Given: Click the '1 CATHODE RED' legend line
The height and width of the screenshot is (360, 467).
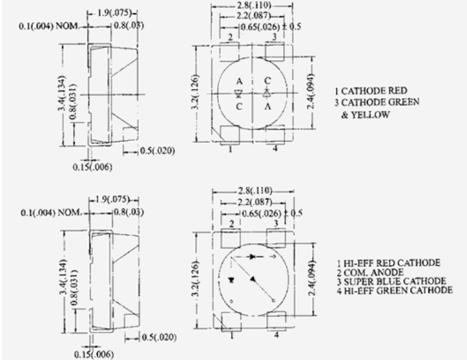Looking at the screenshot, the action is pos(371,91).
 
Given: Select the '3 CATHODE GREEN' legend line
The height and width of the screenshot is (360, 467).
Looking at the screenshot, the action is pos(377,103).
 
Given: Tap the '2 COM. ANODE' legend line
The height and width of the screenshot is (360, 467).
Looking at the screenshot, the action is pos(370,272).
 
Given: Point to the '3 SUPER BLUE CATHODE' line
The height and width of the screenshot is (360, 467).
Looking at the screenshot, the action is pos(392,281).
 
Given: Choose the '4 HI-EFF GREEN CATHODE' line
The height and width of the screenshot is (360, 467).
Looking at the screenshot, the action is pos(395,290).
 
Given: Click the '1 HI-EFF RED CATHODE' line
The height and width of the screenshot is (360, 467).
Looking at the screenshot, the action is pos(388,263).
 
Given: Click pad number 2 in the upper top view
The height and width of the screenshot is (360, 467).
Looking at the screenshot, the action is pos(230,37).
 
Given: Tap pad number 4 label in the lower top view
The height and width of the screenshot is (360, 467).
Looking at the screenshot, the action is pos(277,335).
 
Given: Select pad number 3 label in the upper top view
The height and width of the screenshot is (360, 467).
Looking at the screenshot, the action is pos(274,37).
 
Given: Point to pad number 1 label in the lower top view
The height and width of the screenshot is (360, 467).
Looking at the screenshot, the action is pos(231,336).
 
